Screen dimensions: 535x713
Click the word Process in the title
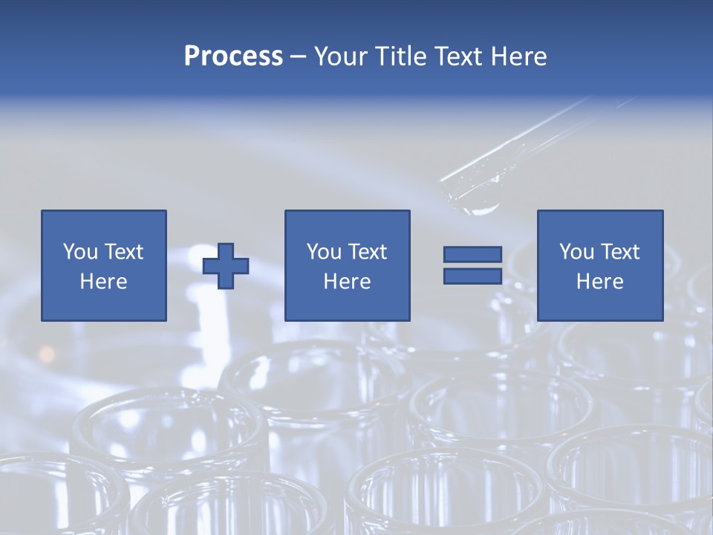click(x=233, y=56)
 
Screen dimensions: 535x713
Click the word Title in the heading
click(x=403, y=56)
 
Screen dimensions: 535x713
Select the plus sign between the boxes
click(x=226, y=266)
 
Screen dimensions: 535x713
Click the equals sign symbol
click(x=472, y=265)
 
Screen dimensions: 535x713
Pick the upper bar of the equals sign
click(x=472, y=255)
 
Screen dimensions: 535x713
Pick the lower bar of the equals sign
click(x=472, y=276)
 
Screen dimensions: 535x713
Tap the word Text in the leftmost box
click(x=123, y=252)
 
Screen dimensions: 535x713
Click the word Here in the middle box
click(x=348, y=282)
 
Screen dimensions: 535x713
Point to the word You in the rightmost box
click(x=576, y=252)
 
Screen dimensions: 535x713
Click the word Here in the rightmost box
click(x=600, y=282)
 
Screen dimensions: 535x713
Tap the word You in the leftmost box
click(x=80, y=252)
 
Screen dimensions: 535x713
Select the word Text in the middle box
click(x=367, y=252)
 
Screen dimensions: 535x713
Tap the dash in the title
click(x=299, y=56)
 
